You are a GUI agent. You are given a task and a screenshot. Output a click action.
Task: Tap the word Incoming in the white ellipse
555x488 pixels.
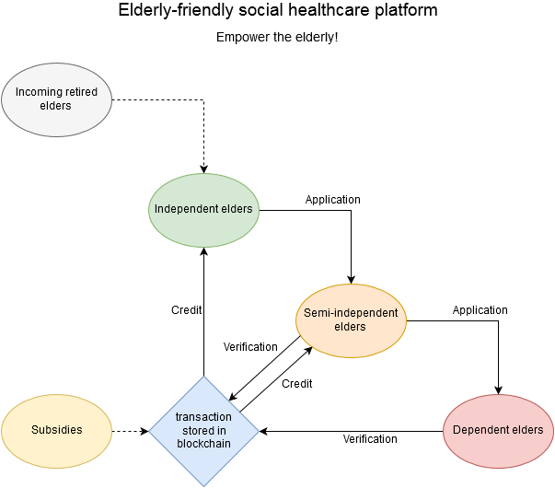(38, 92)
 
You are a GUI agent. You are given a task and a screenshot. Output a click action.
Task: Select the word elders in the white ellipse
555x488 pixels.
(56, 105)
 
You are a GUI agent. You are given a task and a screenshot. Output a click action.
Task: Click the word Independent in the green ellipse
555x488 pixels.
(187, 209)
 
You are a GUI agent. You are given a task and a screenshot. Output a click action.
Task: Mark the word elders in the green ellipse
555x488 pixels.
(237, 209)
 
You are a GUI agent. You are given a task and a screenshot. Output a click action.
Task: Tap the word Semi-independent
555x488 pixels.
(351, 313)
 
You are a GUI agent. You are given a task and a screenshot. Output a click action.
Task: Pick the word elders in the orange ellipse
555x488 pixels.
(351, 327)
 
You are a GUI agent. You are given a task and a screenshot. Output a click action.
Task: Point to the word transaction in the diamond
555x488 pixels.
(203, 417)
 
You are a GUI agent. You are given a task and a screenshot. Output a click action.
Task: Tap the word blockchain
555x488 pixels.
(203, 443)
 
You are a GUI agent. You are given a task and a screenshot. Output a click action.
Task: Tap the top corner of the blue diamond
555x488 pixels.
(203, 377)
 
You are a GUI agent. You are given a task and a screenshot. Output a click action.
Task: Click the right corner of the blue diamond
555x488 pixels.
(258, 430)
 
